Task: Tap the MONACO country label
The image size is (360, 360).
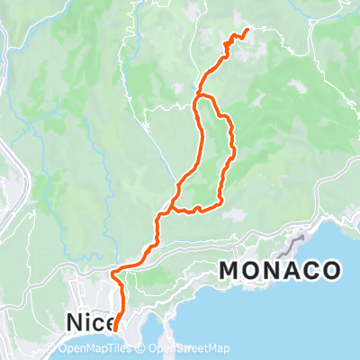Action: point(280,270)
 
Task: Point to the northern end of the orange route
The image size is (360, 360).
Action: point(246,31)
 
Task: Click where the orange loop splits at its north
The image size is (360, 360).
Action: point(199,95)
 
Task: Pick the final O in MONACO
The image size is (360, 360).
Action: point(330,270)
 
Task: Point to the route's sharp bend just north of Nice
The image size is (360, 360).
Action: point(111,272)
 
